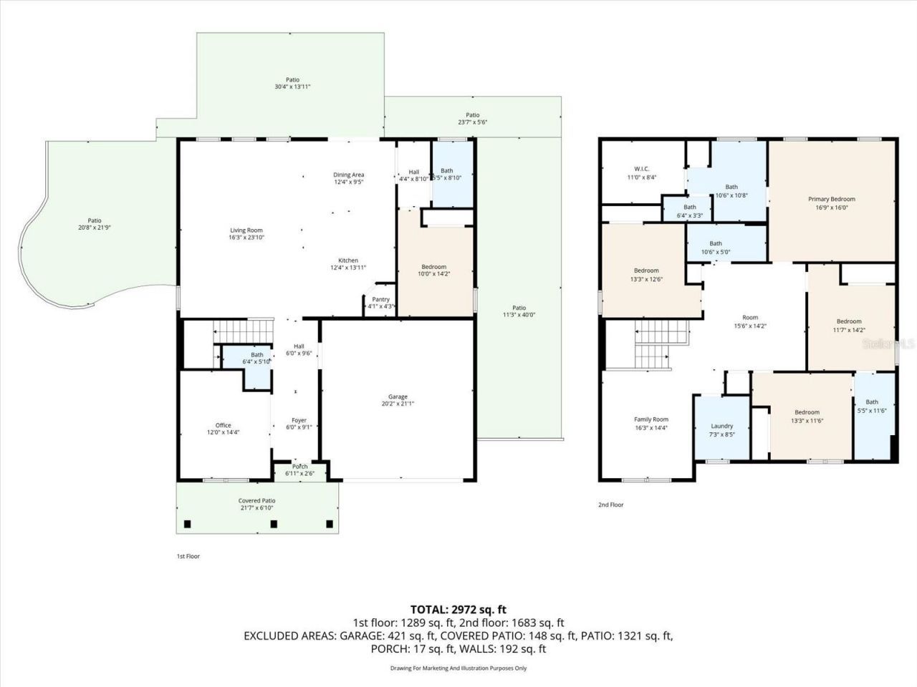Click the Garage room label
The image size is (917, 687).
pyautogui.click(x=398, y=396)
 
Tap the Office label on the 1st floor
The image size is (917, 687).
pyautogui.click(x=224, y=425)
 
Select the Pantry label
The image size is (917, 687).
pyautogui.click(x=380, y=299)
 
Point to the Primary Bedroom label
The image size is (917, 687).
pyautogui.click(x=832, y=199)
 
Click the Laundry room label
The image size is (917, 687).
pyautogui.click(x=721, y=426)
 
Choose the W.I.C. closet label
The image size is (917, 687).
pyautogui.click(x=641, y=169)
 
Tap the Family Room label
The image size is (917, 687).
pyautogui.click(x=650, y=419)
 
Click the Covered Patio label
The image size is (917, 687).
pyautogui.click(x=256, y=501)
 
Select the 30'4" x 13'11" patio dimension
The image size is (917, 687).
pyautogui.click(x=292, y=87)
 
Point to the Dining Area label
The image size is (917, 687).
pyautogui.click(x=349, y=175)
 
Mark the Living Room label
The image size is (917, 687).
pyautogui.click(x=246, y=230)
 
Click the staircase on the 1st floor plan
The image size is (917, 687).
pyautogui.click(x=244, y=333)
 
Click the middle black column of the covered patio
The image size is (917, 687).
pyautogui.click(x=274, y=524)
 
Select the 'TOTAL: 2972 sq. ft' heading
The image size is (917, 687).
pyautogui.click(x=458, y=609)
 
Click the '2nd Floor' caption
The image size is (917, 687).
pyautogui.click(x=610, y=505)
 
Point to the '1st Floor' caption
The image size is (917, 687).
pyautogui.click(x=188, y=556)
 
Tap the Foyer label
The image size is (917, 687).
pyautogui.click(x=299, y=420)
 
